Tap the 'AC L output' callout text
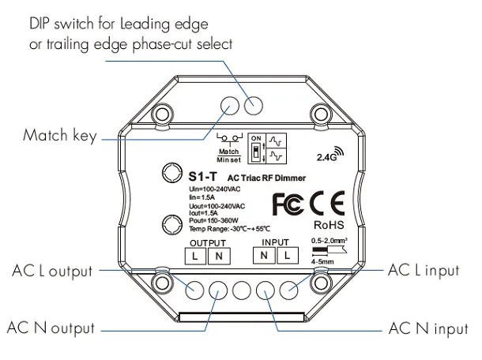51,270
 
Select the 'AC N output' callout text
51,327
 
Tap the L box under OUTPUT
194,256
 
